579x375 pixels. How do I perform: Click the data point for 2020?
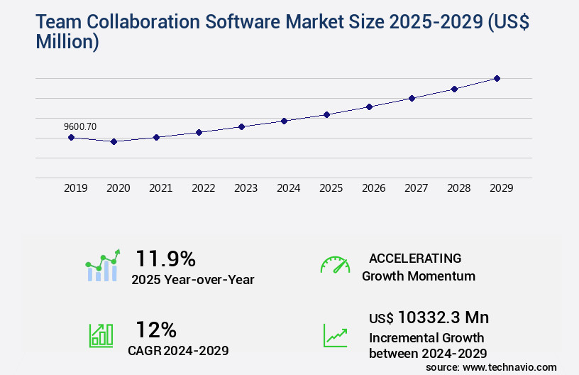click(114, 141)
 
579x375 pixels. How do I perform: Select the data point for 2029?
click(497, 78)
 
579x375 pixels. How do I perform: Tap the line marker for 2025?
click(326, 114)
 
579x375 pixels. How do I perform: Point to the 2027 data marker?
click(412, 98)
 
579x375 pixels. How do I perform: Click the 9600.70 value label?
click(80, 126)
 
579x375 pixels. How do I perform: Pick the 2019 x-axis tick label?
click(76, 188)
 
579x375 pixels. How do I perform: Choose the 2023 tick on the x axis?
click(246, 188)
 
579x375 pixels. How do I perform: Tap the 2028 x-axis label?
click(459, 188)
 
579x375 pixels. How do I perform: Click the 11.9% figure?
click(165, 258)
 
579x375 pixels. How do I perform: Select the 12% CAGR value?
click(156, 330)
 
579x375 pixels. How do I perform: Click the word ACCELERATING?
click(415, 258)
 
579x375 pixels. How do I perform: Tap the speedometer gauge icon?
click(335, 265)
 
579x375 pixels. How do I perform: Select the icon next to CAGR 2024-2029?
click(101, 335)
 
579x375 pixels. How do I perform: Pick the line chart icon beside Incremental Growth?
click(335, 335)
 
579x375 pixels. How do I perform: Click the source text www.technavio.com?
click(509, 367)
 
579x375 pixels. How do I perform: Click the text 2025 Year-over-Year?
click(192, 280)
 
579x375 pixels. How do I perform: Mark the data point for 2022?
click(199, 132)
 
